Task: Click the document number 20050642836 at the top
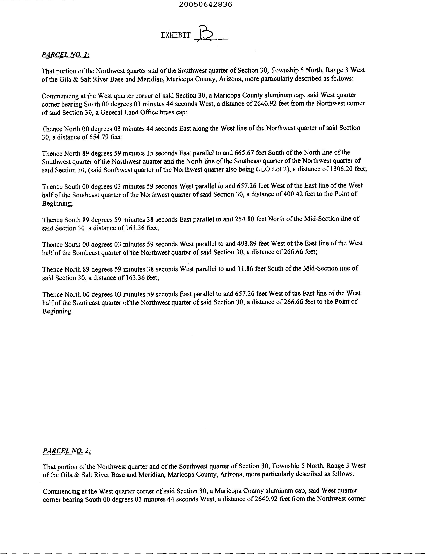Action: pos(205,5)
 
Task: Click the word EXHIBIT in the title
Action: pos(176,35)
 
